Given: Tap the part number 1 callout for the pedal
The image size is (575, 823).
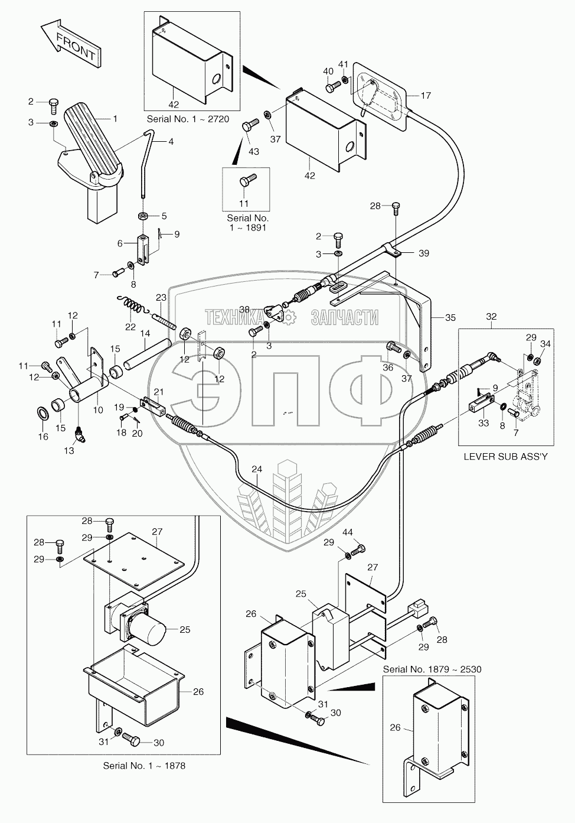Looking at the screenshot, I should point(115,119).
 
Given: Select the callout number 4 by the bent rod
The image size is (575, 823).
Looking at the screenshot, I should point(171,141).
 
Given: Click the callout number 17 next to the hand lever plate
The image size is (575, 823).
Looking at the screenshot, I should point(426,95).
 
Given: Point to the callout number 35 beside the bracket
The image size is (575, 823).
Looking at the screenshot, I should point(450,318).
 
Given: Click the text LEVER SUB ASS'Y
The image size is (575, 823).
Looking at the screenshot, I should point(506,456).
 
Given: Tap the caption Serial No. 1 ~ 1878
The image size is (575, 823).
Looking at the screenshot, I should point(144,766).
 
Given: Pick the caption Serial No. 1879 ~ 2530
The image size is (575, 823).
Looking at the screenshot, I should point(432,669).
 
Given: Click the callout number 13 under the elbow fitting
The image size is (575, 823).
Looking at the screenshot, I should point(69,450).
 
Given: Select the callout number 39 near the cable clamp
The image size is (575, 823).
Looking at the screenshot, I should point(423,253).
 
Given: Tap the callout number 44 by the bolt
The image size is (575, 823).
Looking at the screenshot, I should point(348,533).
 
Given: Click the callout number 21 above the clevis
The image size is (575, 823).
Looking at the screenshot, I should point(159,392).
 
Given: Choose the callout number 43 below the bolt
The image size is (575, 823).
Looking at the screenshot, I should point(254,152).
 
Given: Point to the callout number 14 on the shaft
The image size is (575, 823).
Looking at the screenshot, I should point(145,334).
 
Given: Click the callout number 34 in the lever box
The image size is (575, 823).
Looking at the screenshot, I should point(545,344).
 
